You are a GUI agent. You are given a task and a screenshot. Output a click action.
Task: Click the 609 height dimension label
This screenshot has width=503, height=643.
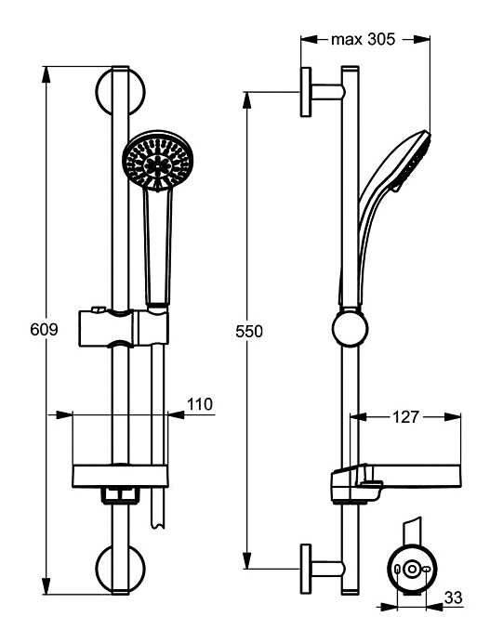click(45, 329)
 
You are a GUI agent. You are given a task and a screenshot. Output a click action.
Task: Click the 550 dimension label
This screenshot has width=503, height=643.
click(249, 332)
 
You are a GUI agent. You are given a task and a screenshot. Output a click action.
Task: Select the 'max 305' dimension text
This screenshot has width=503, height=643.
click(363, 39)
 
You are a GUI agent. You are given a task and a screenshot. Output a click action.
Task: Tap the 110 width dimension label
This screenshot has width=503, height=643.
click(200, 404)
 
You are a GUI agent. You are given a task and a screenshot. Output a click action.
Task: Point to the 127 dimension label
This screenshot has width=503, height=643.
click(405, 417)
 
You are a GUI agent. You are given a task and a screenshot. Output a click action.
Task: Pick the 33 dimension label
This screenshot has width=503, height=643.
click(454, 597)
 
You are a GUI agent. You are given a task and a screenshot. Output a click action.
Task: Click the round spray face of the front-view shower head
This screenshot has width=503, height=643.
click(157, 161)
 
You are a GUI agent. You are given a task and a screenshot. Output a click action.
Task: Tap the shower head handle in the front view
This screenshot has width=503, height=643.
click(157, 248)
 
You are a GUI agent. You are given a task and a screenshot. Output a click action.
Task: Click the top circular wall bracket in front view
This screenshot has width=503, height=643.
click(120, 92)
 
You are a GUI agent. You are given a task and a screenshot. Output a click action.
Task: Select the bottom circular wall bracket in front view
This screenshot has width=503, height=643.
click(120, 569)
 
